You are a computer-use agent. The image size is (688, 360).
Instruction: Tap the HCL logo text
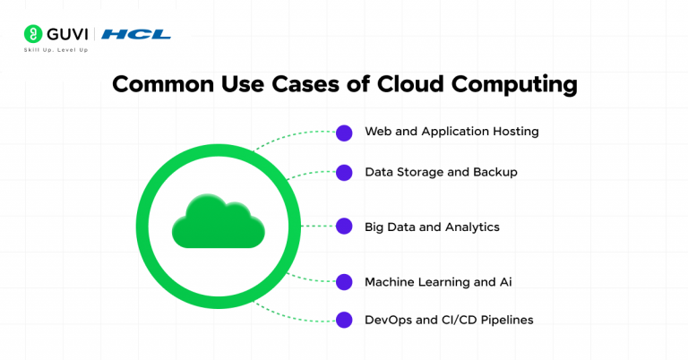coord(136,35)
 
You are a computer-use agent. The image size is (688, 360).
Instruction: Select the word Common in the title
coord(164,85)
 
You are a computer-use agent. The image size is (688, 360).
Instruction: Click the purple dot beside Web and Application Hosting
coord(343,133)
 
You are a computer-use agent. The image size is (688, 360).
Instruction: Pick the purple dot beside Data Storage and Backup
coord(343,172)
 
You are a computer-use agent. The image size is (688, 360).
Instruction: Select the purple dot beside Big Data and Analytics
coord(343,227)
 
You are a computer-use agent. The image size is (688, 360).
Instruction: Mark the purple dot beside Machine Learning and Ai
coord(343,282)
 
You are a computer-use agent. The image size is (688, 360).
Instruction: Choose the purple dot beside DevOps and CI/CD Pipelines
coord(343,320)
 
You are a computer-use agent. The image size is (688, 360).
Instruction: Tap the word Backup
coord(495,172)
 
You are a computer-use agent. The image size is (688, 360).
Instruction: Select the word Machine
coord(390,282)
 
